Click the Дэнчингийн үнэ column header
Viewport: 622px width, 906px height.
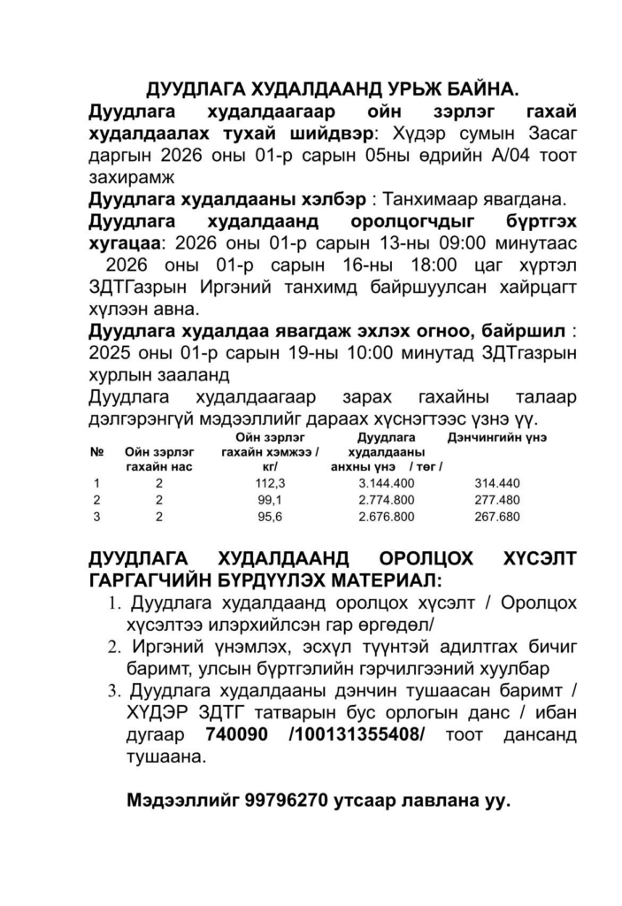[x=497, y=437]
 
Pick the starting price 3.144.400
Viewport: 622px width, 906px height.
[x=387, y=483]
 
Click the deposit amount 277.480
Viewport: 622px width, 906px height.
[x=497, y=500]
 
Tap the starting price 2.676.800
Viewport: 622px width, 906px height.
[x=387, y=517]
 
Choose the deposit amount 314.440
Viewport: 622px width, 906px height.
[x=497, y=483]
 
